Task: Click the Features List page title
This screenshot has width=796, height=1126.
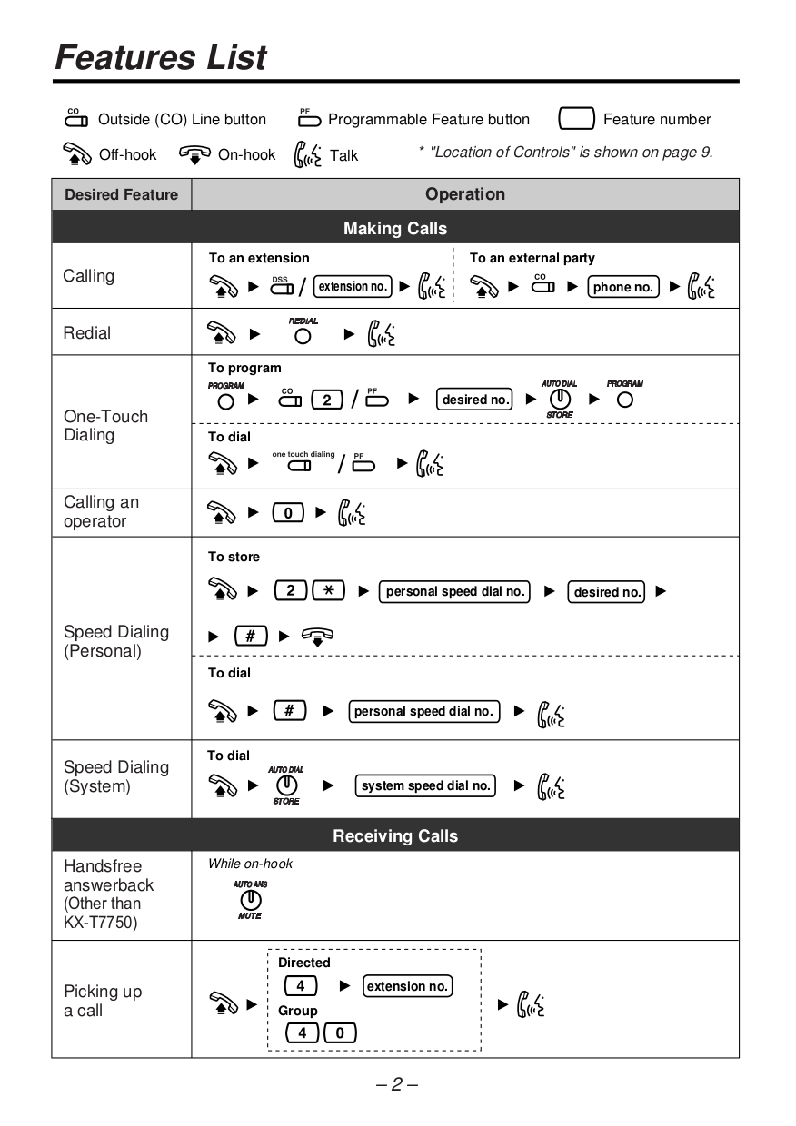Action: [x=161, y=57]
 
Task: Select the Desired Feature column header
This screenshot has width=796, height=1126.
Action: [x=122, y=194]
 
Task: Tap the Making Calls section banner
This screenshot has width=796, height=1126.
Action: [x=395, y=228]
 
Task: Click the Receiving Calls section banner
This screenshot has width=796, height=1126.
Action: [x=395, y=835]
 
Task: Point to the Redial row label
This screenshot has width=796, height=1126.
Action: [x=87, y=333]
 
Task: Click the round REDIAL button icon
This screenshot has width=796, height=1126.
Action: [x=303, y=336]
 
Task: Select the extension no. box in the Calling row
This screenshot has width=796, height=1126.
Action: [x=353, y=287]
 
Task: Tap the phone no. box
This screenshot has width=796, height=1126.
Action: [x=623, y=287]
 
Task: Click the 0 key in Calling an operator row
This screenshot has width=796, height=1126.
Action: [x=288, y=513]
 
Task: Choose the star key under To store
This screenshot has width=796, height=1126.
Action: [x=328, y=591]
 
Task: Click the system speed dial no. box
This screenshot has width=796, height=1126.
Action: [x=425, y=785]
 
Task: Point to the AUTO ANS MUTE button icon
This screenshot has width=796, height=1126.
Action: [x=250, y=899]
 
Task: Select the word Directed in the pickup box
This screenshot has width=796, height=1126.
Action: [x=303, y=963]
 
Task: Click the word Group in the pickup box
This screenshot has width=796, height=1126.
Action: [x=298, y=1011]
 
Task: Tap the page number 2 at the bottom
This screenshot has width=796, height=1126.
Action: [x=396, y=1084]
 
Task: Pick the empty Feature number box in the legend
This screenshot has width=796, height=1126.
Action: [x=576, y=119]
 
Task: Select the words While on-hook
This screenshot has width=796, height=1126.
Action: [x=250, y=864]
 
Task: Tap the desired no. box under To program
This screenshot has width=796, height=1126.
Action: [x=475, y=400]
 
